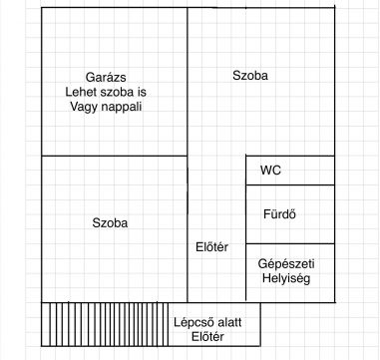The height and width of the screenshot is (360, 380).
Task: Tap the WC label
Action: [x=270, y=171]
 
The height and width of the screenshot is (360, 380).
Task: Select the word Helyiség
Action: [x=284, y=279]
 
